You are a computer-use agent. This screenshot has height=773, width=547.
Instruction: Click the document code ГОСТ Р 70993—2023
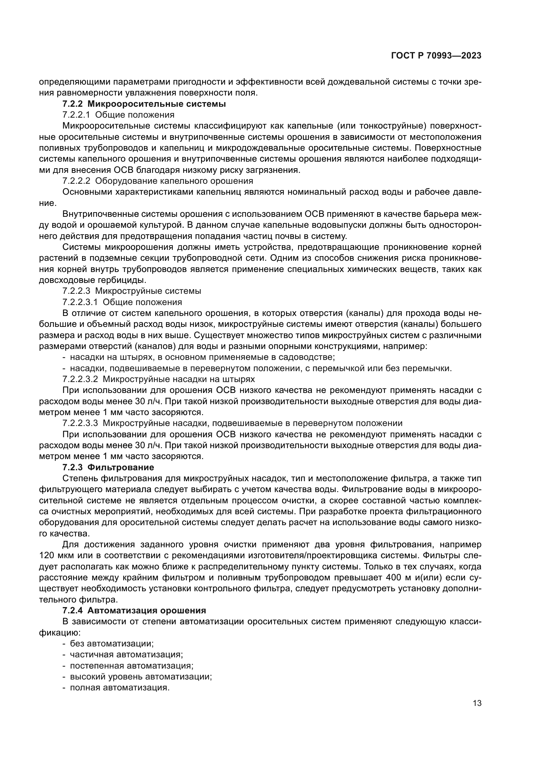436,56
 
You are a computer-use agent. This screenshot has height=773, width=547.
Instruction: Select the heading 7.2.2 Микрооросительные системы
144,104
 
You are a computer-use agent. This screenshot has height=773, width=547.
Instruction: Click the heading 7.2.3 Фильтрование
108,467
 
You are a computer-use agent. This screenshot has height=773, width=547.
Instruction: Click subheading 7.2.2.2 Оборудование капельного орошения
158,181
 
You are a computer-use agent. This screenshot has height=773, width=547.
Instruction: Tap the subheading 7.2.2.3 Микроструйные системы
132,290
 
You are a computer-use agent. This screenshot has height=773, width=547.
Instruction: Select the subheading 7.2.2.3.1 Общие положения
122,302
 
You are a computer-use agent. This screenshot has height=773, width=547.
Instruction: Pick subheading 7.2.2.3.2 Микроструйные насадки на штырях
159,379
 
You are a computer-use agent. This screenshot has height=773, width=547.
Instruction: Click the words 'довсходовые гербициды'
92,280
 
